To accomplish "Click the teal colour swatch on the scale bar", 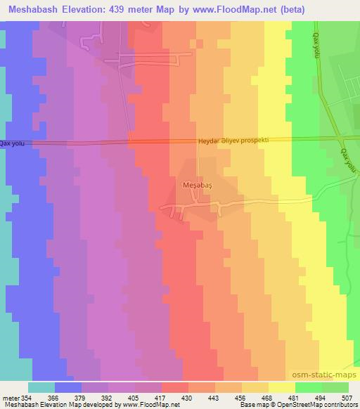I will point(41,387).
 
